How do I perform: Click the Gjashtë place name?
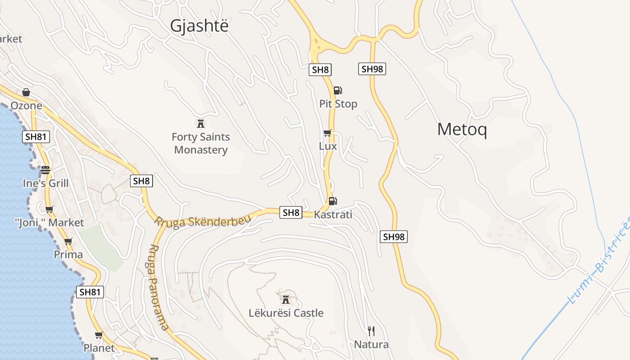199,26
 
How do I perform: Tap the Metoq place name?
462,130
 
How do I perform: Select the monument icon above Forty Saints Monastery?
201,123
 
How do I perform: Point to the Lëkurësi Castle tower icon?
285,299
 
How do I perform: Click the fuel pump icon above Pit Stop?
337,90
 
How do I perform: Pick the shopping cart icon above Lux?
328,133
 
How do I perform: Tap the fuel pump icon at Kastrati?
333,201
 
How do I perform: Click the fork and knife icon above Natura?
371,332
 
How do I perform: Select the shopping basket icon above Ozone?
26,92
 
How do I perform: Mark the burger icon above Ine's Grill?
45,170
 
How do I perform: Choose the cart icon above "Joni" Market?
49,209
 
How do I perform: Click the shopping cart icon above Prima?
68,242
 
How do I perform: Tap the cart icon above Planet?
99,335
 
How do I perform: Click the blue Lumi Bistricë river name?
601,260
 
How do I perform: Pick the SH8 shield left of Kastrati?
290,212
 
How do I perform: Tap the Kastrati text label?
333,215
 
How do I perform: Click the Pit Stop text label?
338,104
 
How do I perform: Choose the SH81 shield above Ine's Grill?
36,137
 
